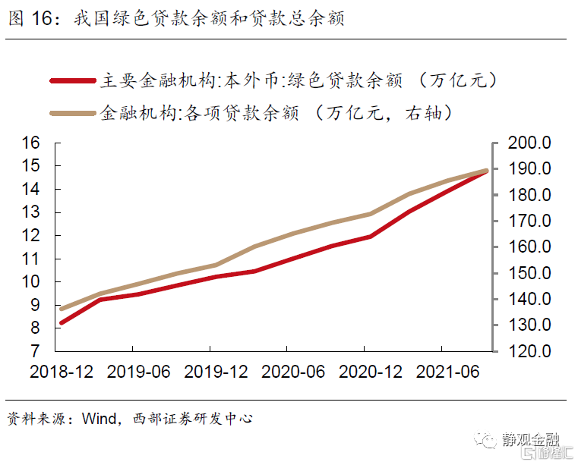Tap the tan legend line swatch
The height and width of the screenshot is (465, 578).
73,114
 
